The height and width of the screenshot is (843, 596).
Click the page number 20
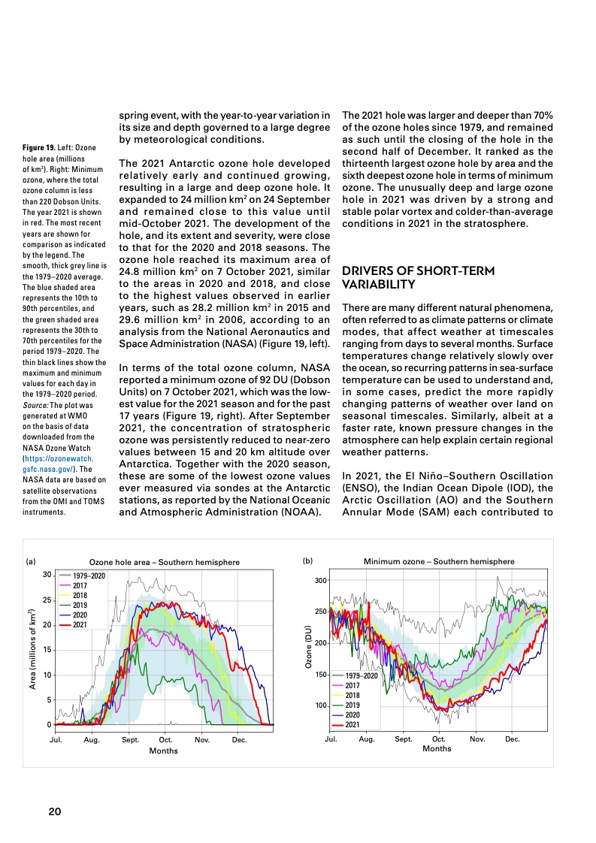[55, 811]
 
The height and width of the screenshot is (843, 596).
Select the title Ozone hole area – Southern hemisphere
[165, 562]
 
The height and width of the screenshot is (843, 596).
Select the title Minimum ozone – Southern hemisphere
[439, 562]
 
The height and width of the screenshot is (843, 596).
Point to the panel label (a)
[31, 561]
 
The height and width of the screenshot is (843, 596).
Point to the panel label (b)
[307, 560]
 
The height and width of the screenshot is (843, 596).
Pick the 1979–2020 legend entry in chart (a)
[89, 575]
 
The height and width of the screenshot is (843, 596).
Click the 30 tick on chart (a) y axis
[46, 575]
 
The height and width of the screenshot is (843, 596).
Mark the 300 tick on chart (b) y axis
[319, 580]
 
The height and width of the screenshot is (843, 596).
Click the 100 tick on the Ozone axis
[319, 706]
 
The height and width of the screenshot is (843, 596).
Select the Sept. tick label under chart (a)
[130, 740]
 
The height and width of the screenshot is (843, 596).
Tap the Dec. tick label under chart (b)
[513, 739]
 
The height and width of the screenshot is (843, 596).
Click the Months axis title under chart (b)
[437, 748]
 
